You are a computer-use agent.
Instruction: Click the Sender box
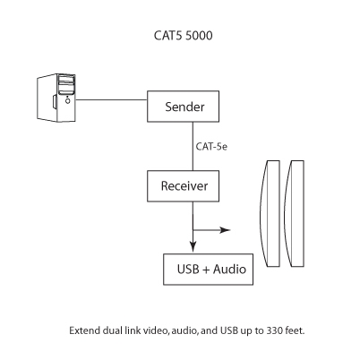coord(185,107)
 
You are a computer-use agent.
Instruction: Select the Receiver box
coord(185,188)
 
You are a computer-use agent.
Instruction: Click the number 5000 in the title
coord(197,39)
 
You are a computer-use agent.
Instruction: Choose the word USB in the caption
coord(227,330)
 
